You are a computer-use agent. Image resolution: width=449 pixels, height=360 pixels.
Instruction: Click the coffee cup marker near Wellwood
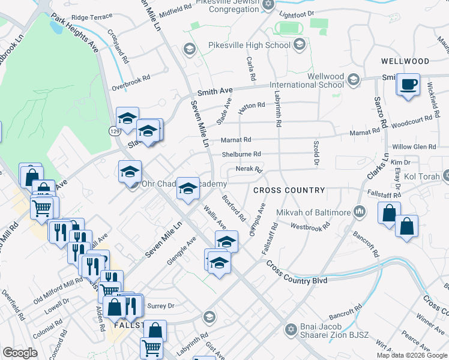[408, 84]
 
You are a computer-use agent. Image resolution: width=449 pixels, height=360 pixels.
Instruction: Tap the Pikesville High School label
[249, 46]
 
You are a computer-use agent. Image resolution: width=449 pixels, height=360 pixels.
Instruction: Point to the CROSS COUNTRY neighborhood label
[289, 190]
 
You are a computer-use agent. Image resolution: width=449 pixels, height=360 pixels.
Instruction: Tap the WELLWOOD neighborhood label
[405, 61]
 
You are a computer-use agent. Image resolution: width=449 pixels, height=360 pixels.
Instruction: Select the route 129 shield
[113, 130]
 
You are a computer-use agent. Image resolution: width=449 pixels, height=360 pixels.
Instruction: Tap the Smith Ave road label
[215, 91]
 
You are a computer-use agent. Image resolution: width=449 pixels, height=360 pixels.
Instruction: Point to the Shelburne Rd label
[241, 154]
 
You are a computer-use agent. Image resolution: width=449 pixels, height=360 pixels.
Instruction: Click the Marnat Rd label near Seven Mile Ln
[235, 140]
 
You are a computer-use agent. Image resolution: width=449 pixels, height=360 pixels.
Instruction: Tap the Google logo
[20, 353]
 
